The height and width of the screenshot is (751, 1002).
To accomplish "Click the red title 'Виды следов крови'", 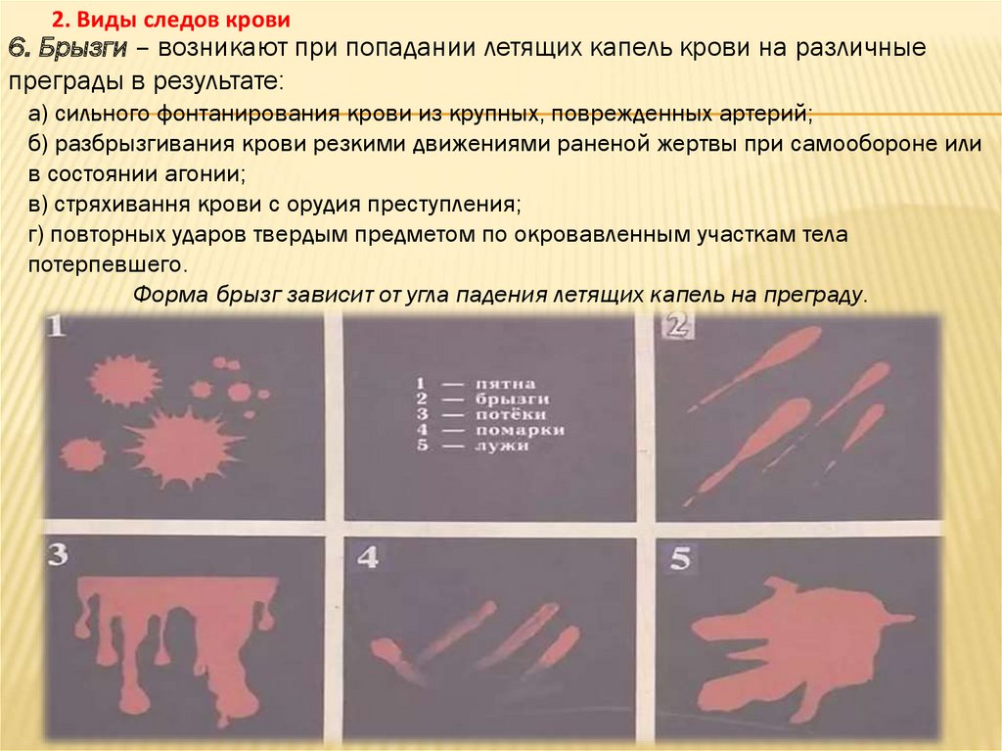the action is tap(183, 20).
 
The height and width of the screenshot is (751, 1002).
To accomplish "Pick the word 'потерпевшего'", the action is tap(108, 264).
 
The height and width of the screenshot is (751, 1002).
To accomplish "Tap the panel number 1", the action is tap(56, 328).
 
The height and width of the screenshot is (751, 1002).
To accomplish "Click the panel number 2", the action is tap(678, 326).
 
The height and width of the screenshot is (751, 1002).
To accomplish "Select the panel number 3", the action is tap(58, 554).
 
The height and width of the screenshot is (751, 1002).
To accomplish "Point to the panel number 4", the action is tap(368, 557).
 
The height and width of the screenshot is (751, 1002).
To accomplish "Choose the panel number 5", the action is tap(680, 558).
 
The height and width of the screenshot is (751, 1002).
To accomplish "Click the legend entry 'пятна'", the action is tap(505, 384).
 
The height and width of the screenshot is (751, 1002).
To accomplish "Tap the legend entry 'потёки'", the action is tap(510, 414).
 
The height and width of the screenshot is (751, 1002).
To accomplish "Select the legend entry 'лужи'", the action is tap(502, 446).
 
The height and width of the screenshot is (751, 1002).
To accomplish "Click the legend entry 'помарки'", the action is tap(520, 430).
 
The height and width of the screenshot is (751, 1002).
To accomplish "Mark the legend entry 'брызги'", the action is tap(512, 399).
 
